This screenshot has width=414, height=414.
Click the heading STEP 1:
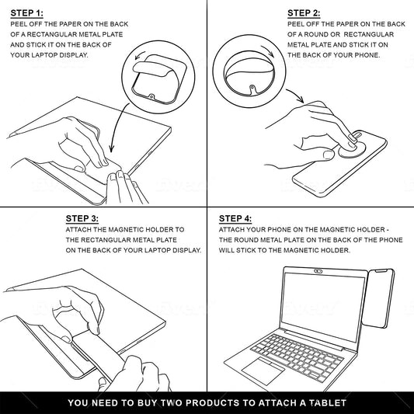(26, 13)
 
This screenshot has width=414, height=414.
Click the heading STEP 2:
(304, 13)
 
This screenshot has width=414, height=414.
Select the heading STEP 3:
(82, 218)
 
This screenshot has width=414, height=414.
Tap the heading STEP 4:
(235, 218)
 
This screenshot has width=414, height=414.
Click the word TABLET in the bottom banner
(328, 403)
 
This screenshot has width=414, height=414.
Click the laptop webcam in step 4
(318, 271)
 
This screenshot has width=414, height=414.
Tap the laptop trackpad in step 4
(263, 371)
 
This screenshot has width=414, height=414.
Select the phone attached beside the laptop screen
(378, 298)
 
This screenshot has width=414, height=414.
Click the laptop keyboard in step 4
(297, 357)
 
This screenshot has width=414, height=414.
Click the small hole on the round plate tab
(252, 86)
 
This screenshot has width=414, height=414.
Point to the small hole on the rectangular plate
(151, 96)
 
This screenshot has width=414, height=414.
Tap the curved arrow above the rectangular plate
(139, 54)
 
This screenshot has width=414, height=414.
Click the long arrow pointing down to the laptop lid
(117, 125)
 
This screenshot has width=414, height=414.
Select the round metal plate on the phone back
(352, 149)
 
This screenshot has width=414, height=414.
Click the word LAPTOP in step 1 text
(44, 55)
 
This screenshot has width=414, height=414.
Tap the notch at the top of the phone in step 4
(382, 271)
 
